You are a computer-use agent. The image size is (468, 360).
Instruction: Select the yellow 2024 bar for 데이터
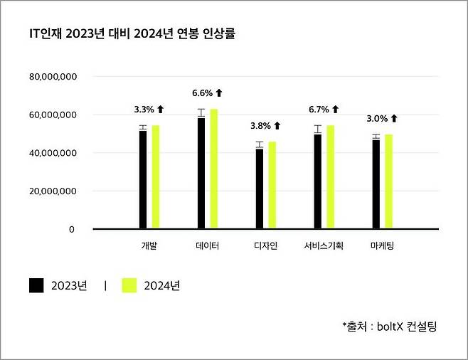[214, 169]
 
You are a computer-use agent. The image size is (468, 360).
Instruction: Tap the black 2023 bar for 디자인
[260, 189]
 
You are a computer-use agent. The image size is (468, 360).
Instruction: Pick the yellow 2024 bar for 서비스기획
[331, 177]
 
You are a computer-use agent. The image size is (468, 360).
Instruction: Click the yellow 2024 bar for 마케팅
[389, 182]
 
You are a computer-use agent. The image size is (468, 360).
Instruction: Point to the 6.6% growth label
[208, 93]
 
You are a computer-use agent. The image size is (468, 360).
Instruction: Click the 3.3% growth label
[149, 110]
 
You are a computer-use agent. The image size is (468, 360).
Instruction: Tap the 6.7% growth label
[324, 110]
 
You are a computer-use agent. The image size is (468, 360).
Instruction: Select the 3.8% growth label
[266, 126]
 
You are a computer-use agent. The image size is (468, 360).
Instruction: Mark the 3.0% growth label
[383, 119]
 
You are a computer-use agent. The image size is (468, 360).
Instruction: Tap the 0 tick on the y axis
[71, 230]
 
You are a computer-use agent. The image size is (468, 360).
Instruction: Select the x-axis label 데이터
[207, 246]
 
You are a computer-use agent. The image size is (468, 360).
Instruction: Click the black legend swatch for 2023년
[37, 286]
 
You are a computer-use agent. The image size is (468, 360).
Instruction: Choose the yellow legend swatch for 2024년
[128, 286]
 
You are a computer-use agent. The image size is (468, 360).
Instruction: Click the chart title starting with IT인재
[132, 33]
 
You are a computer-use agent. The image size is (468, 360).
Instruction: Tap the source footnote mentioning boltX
[389, 327]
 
